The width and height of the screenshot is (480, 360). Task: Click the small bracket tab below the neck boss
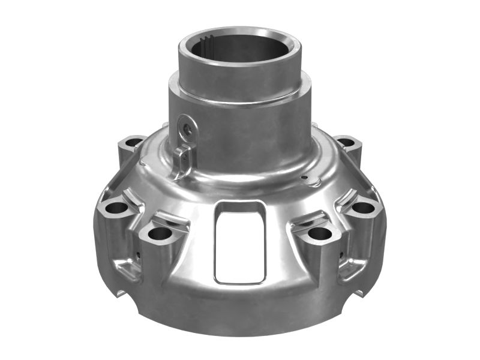pos(182,157)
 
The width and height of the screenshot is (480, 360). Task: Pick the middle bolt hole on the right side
pos(363,208)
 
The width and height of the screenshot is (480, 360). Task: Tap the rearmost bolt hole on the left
pos(133,143)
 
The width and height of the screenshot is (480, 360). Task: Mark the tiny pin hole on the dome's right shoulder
pos(305,177)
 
